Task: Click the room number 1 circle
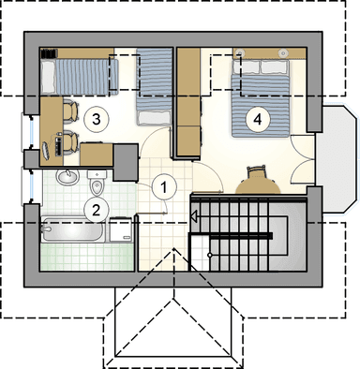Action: (164, 187)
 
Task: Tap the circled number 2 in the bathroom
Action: (97, 210)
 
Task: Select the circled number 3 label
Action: (97, 119)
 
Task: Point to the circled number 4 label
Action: (258, 119)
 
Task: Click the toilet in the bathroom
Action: (97, 183)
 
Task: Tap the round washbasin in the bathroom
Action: (67, 177)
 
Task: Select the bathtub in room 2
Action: (72, 230)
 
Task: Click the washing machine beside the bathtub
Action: (121, 229)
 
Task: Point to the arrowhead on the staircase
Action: (194, 216)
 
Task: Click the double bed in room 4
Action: (260, 98)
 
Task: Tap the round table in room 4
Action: (258, 185)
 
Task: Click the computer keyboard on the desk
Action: (58, 146)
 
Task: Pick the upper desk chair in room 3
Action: (70, 110)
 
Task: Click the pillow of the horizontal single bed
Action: (48, 78)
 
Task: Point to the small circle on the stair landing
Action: (210, 255)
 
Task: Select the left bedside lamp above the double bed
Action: (240, 52)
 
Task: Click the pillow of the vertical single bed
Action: (155, 118)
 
